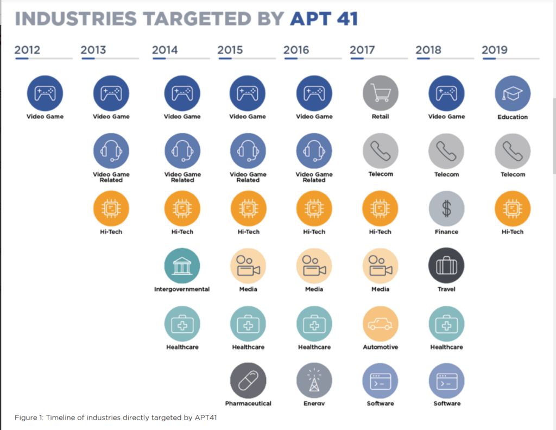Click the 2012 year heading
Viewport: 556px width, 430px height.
27,50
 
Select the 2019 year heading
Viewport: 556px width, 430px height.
495,50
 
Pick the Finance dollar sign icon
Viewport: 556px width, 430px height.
446,208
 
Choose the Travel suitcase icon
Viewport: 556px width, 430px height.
446,266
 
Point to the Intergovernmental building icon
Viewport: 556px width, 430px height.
182,266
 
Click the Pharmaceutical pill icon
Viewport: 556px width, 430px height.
248,381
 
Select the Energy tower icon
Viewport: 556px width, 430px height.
314,381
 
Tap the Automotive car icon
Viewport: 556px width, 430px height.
380,324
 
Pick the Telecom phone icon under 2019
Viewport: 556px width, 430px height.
513,151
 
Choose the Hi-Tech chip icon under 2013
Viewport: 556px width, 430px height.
111,208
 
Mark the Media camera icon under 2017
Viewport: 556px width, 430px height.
380,266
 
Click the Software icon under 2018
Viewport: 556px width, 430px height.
446,381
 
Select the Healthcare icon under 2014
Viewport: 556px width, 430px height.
182,324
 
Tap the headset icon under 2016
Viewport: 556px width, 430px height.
314,151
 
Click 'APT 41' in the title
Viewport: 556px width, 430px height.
324,19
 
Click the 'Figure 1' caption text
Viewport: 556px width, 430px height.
117,418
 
